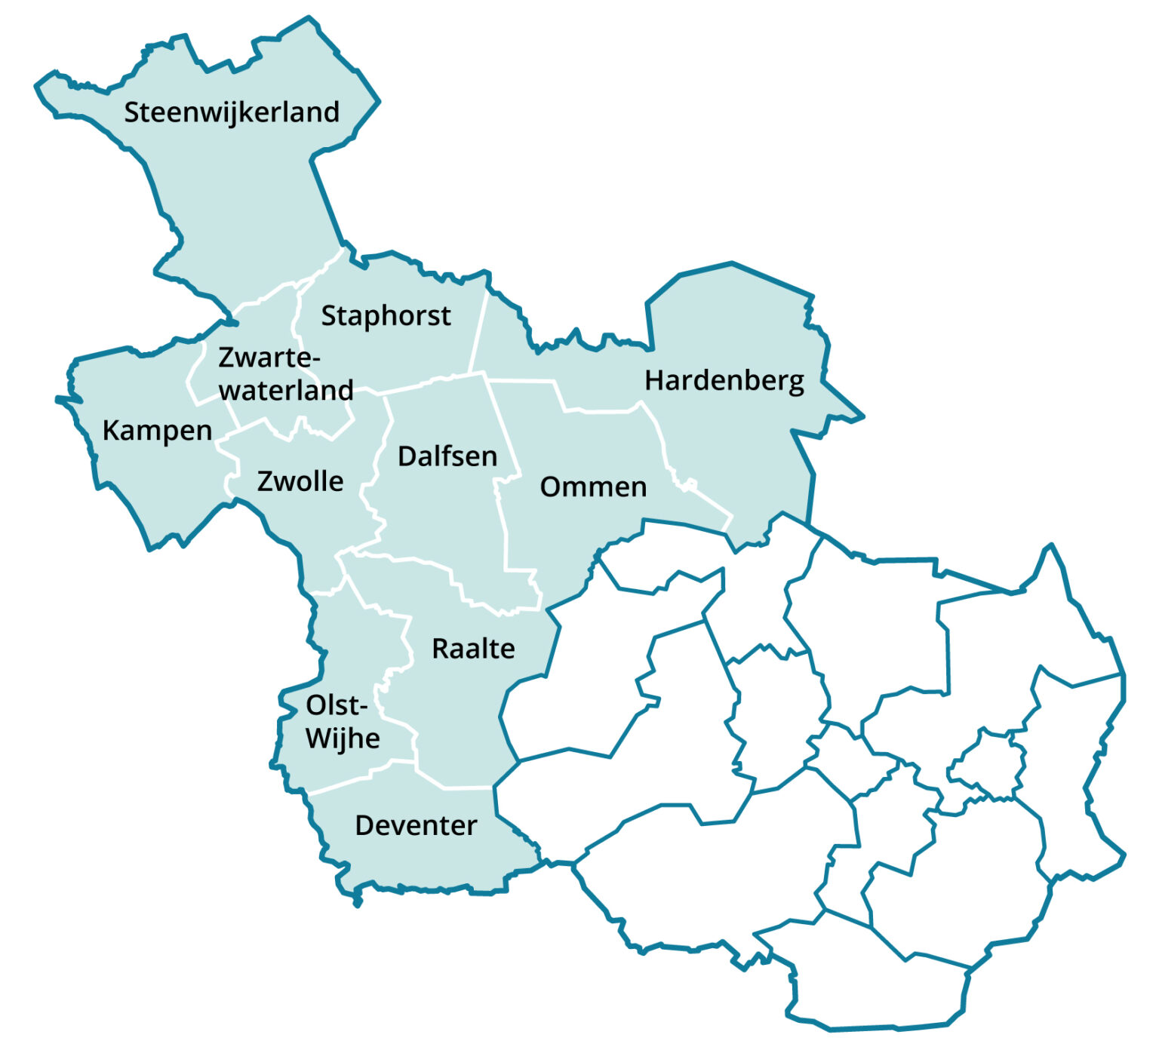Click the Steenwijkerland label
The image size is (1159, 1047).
click(x=232, y=112)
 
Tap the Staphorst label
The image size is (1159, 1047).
click(x=386, y=316)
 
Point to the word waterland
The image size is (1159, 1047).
click(x=286, y=390)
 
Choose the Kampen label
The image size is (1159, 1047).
click(x=157, y=431)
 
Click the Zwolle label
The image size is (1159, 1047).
click(x=300, y=481)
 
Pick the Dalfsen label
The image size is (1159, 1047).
click(x=447, y=456)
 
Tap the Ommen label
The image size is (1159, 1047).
click(x=593, y=487)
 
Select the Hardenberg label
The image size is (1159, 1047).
click(x=724, y=381)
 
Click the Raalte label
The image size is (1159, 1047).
click(x=473, y=649)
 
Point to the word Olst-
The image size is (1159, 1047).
click(x=337, y=706)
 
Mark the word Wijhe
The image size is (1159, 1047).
click(x=343, y=738)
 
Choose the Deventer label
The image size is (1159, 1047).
click(x=416, y=825)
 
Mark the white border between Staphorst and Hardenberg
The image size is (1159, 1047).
click(x=478, y=332)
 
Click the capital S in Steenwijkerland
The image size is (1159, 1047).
click(x=133, y=112)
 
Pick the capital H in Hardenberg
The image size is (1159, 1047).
click(x=654, y=381)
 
